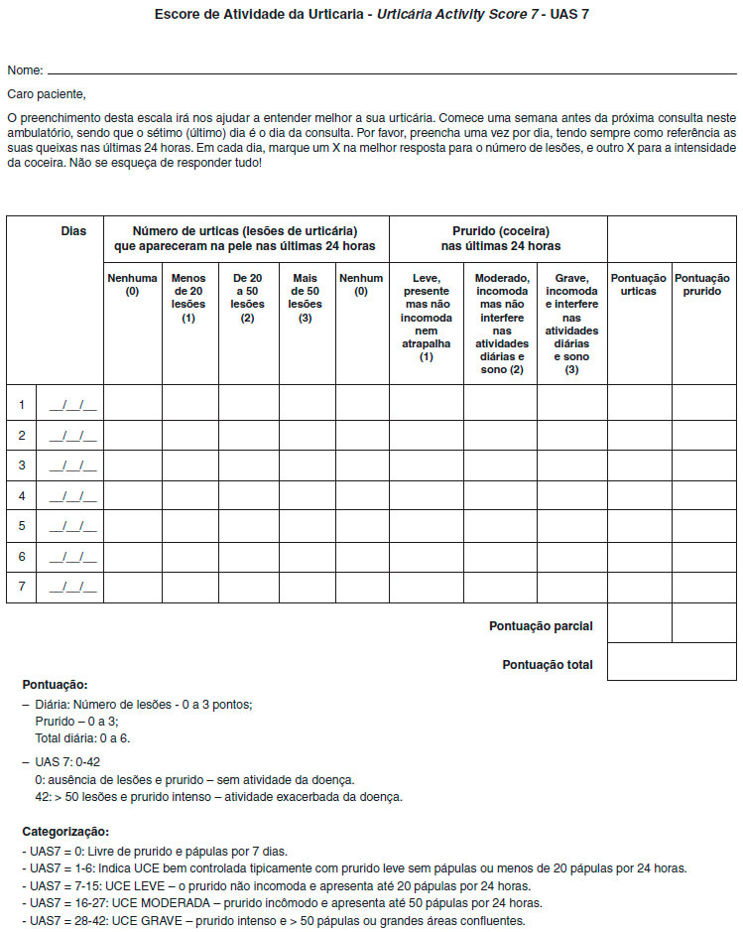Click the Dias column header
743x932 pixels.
[73, 231]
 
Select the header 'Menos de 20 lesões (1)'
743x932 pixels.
[188, 299]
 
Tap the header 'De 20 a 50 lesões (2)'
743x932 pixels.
[247, 299]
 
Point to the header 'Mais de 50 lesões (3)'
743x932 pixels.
[306, 299]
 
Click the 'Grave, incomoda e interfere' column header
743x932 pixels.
[571, 324]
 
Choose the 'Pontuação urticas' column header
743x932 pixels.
[639, 285]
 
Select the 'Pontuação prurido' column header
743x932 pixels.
[702, 285]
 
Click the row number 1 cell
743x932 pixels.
[21, 405]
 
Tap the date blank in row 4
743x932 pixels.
[73, 495]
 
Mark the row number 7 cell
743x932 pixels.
[21, 587]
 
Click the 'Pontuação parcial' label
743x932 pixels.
[541, 626]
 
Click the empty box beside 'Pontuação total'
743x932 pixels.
[671, 662]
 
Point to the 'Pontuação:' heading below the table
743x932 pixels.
[55, 685]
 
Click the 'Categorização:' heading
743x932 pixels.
[65, 832]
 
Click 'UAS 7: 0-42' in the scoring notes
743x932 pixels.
[66, 761]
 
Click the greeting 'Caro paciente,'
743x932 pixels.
[47, 95]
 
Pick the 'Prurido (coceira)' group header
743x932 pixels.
[500, 231]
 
